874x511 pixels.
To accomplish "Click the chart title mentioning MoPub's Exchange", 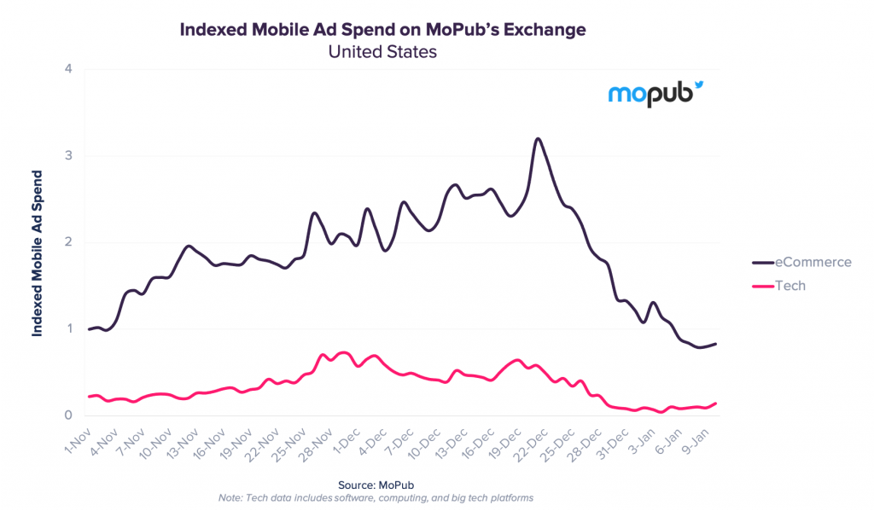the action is coord(382,30).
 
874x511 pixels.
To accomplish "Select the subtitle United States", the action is coord(382,52).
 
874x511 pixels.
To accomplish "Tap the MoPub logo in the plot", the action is coord(655,94).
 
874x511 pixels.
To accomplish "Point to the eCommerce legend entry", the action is coord(801,262).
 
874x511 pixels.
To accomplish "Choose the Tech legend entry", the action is coord(778,286).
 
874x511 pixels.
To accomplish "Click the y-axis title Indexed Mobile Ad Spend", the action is coord(37,253).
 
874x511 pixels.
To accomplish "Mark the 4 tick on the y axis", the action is coord(68,68).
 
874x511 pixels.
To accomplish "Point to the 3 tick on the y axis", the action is coord(68,155).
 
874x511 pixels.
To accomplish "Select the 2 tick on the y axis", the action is coord(68,241).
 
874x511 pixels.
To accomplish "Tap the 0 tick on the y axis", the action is coord(68,415).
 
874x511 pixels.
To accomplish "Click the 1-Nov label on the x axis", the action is coord(77,441).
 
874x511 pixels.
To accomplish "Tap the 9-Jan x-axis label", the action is coord(695,441).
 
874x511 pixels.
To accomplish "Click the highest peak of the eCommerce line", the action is coord(538,139).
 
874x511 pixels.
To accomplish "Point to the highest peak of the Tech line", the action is coord(344,352).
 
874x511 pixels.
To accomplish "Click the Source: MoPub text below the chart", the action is coord(376,485).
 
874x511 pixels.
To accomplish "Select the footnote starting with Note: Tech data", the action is coord(376,498).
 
